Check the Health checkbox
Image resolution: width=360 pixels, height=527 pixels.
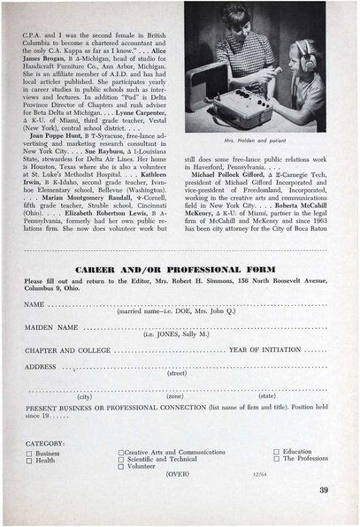(x=29, y=460)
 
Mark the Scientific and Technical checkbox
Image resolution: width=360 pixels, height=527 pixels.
(x=120, y=460)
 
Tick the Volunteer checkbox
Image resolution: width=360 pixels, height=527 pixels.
(x=120, y=469)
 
